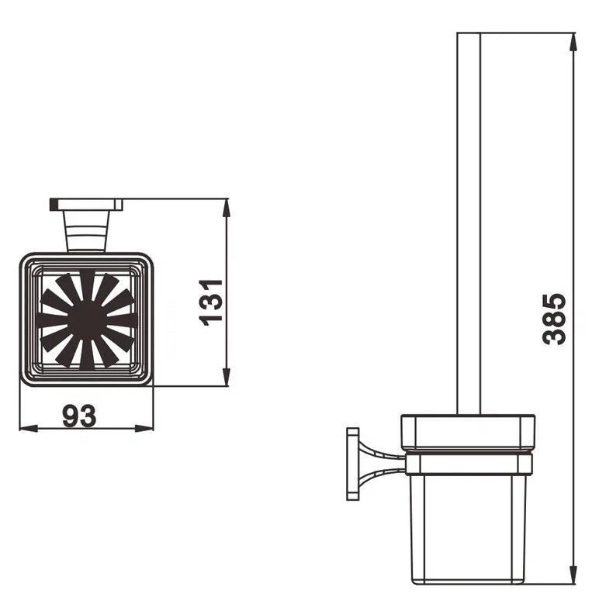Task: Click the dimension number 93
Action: click(79, 416)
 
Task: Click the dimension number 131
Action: click(211, 302)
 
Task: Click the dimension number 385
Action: click(554, 319)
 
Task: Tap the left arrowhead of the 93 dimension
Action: click(29, 428)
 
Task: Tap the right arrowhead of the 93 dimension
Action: click(144, 428)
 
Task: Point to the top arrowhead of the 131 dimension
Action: click(227, 208)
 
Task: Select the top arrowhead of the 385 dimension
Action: click(573, 42)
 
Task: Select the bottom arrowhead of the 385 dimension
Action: click(573, 575)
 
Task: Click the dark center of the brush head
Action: click(87, 319)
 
